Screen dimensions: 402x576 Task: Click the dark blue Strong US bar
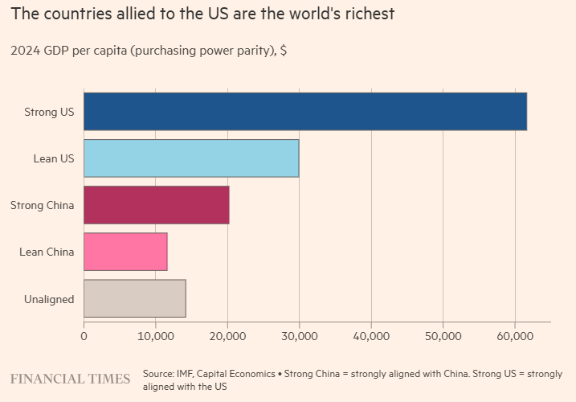(305, 111)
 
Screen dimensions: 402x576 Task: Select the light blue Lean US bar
(191, 158)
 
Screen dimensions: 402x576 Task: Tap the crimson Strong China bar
(157, 205)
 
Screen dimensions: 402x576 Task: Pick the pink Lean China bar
(125, 252)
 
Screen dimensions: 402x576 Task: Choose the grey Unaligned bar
(135, 298)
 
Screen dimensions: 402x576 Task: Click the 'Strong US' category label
(49, 112)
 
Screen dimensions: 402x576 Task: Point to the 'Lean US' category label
(54, 158)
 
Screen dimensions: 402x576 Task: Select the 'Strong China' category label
(42, 205)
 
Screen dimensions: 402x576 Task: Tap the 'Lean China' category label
(47, 252)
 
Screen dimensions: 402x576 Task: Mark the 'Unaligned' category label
(49, 299)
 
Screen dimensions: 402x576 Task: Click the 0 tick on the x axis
(84, 336)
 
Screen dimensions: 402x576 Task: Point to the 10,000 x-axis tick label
(156, 336)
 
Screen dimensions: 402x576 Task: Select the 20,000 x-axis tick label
(227, 336)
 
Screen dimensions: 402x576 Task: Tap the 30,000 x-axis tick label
(299, 336)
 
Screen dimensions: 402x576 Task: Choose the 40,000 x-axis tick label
(371, 336)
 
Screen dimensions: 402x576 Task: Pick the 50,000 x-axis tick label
(443, 336)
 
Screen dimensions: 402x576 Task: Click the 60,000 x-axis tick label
(514, 336)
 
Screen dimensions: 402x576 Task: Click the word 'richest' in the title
(367, 14)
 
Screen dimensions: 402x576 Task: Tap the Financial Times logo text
(70, 379)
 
